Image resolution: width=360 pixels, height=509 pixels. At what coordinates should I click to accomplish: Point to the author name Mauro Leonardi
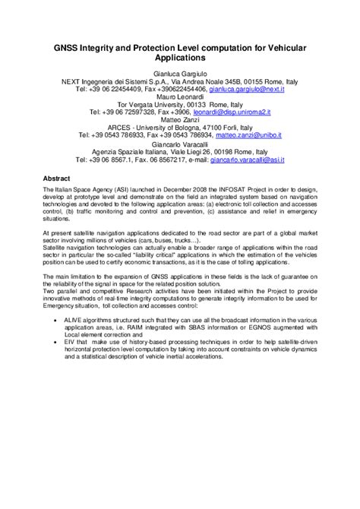click(180, 97)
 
